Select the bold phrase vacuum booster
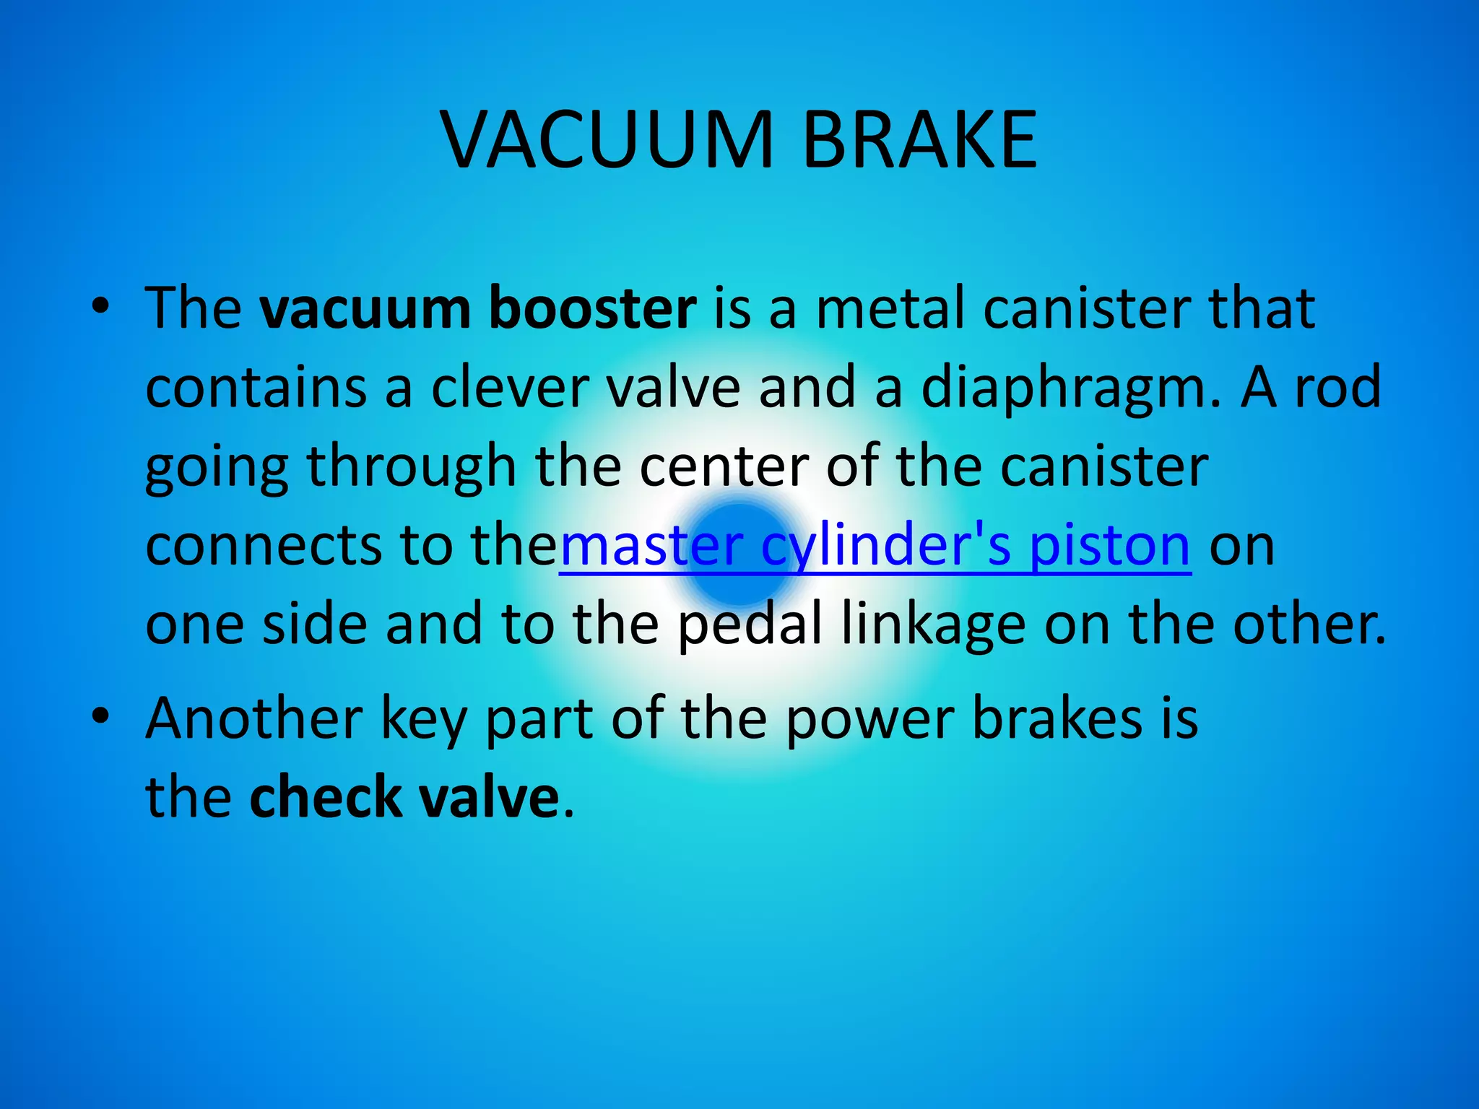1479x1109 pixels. click(477, 309)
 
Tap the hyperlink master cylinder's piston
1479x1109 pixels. click(875, 546)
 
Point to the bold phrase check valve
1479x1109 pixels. click(404, 797)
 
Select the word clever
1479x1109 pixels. click(509, 388)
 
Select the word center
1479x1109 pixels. click(724, 467)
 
